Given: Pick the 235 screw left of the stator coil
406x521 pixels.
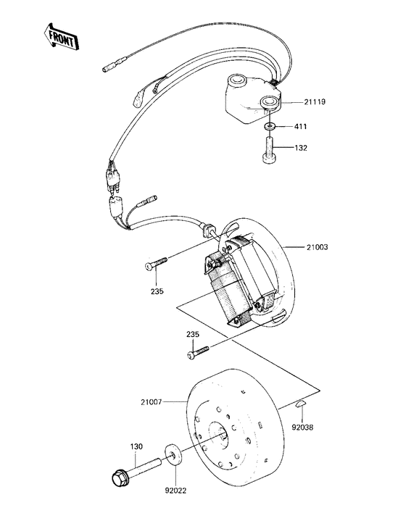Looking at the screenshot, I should [x=156, y=262].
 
